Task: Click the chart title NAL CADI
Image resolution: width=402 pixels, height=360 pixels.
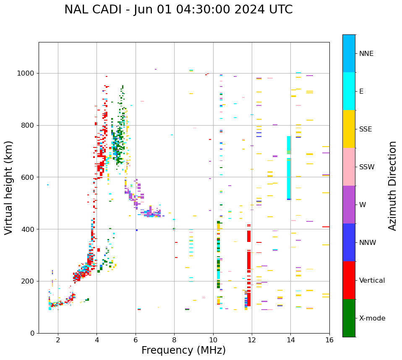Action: (178, 10)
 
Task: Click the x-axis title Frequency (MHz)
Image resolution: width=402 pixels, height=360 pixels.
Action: (183, 350)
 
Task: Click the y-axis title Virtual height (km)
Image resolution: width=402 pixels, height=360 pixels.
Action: (9, 188)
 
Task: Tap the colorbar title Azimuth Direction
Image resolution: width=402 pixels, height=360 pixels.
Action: (392, 186)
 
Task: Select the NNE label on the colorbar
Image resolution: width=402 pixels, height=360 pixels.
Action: (366, 54)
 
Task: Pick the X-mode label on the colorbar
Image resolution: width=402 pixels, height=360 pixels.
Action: (372, 318)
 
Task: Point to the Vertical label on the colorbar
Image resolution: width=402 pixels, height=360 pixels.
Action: (372, 281)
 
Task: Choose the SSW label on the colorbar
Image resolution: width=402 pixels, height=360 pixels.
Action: (366, 167)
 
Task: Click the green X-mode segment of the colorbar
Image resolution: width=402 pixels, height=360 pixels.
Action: (349, 318)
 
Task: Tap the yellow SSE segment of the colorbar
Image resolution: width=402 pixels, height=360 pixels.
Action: (349, 129)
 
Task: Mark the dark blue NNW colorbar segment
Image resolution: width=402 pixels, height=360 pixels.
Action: (349, 242)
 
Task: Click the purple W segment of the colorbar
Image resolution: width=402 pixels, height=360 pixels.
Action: (349, 205)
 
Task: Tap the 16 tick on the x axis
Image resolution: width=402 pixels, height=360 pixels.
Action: (329, 339)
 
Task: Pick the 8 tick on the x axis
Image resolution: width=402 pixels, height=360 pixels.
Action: (174, 339)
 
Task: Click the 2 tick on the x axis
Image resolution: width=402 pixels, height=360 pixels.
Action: (58, 339)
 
